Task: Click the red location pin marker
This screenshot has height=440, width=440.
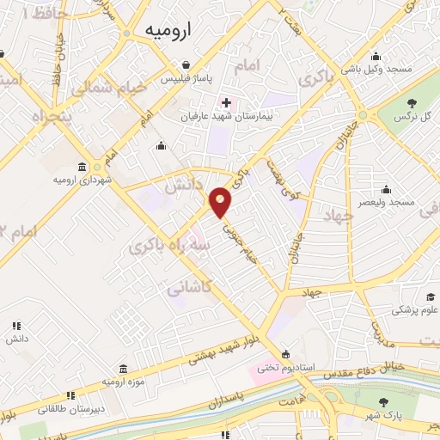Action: [222, 202]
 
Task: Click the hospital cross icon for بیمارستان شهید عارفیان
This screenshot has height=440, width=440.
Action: [226, 103]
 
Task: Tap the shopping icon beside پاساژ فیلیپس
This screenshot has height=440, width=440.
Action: [186, 64]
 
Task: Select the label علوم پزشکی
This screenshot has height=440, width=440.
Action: [419, 309]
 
